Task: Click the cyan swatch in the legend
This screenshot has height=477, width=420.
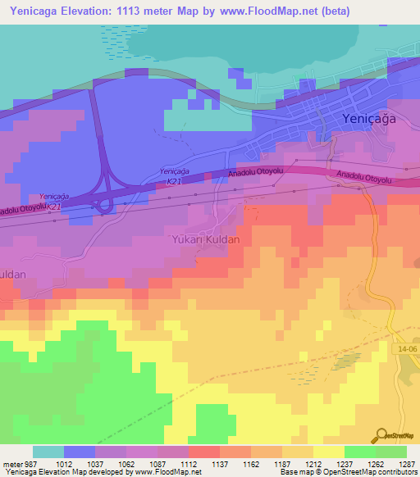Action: (x=48, y=452)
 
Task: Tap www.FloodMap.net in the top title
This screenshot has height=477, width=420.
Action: (x=272, y=11)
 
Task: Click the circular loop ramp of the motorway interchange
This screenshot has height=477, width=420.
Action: (x=103, y=206)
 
